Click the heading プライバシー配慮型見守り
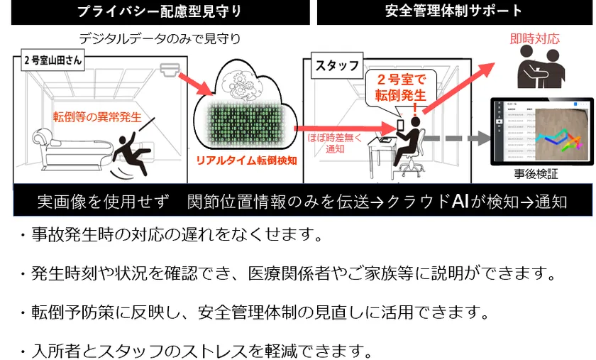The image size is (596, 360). click(160, 11)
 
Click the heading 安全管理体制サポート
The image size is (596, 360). click(454, 11)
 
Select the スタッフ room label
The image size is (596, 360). click(336, 65)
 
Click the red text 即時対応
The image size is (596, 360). click(535, 38)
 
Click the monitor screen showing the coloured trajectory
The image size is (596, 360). click(542, 132)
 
